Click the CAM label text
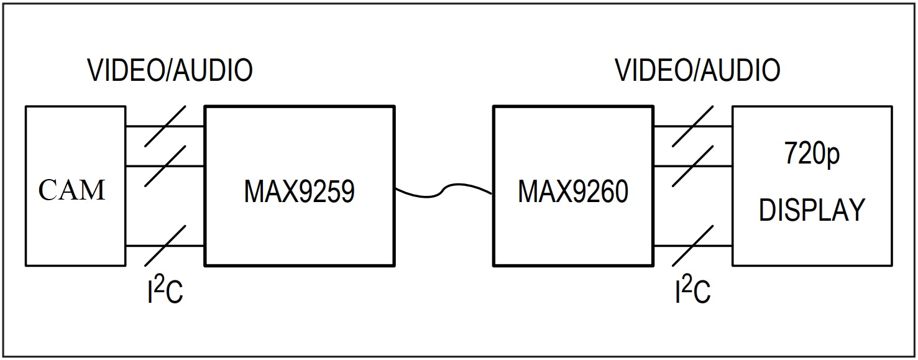[x=72, y=190]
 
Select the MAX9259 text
[x=299, y=192]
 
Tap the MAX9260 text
[x=573, y=192]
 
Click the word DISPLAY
[x=812, y=210]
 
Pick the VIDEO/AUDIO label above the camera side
[x=170, y=70]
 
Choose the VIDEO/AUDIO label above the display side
[x=697, y=70]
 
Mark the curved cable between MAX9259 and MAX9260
[x=444, y=190]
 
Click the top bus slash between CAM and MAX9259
[x=165, y=126]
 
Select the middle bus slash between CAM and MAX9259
[x=165, y=166]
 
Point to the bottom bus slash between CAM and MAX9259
[x=165, y=246]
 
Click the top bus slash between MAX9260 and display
[x=693, y=126]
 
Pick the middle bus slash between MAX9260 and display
[x=693, y=166]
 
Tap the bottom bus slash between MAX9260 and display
[x=693, y=246]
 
